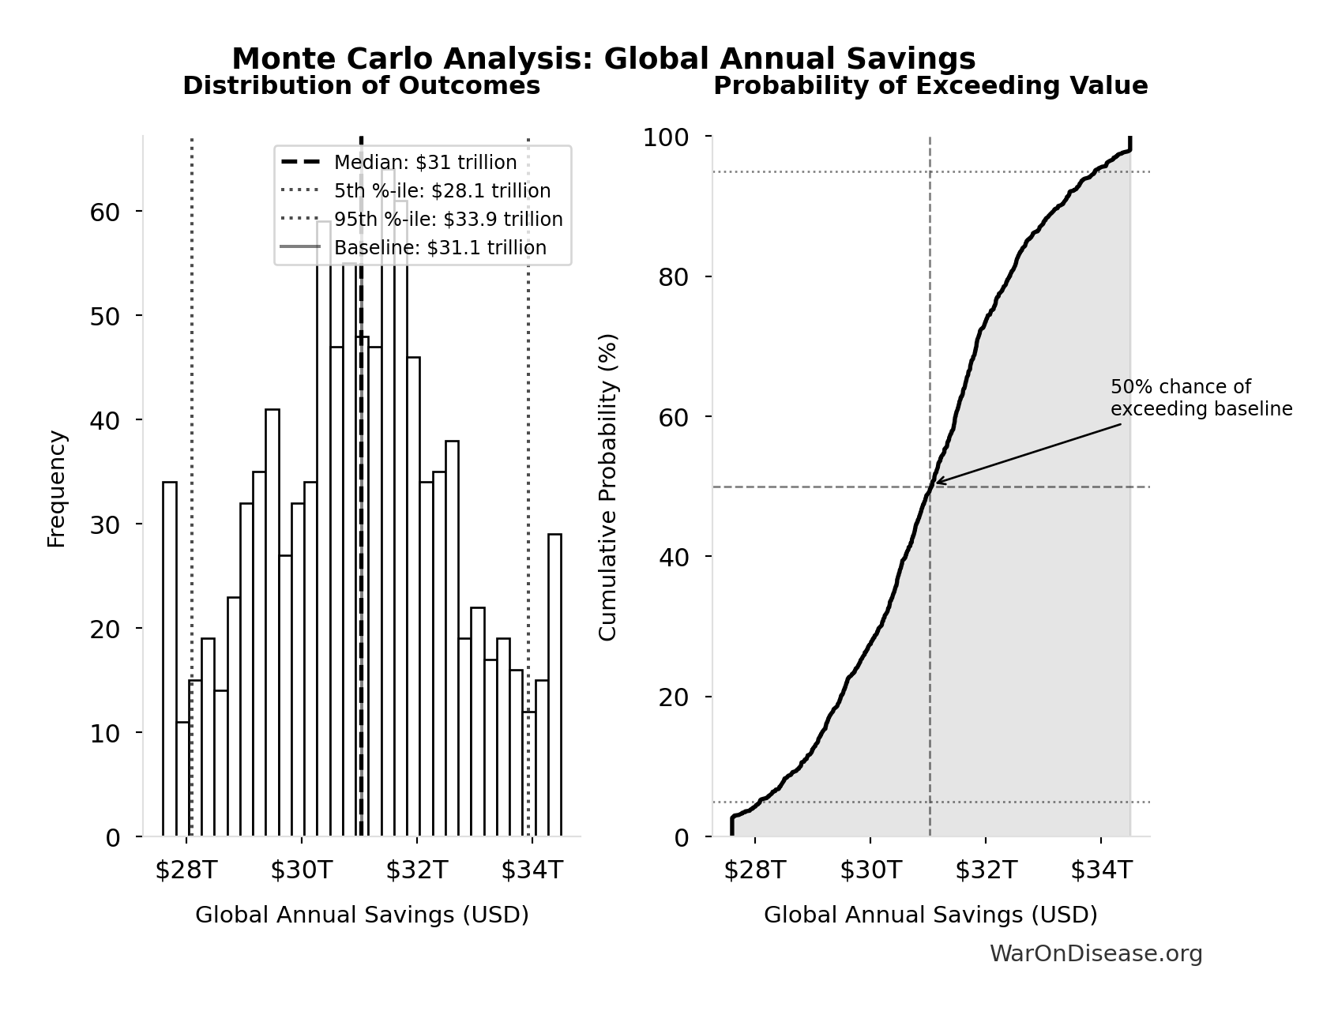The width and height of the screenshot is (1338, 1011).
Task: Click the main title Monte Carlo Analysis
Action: pyautogui.click(x=603, y=59)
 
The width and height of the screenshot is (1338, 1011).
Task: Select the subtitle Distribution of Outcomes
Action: pyautogui.click(x=362, y=86)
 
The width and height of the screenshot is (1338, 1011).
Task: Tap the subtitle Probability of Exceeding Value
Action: pyautogui.click(x=930, y=86)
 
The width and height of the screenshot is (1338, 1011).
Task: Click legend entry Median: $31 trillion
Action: pyautogui.click(x=425, y=163)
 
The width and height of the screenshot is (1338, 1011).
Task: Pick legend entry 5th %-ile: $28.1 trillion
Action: pyautogui.click(x=442, y=191)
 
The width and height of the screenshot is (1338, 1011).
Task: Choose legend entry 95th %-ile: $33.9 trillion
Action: pyautogui.click(x=448, y=220)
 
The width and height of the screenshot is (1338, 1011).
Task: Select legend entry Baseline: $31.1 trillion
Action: pyautogui.click(x=440, y=248)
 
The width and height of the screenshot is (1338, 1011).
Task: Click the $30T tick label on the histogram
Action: pyautogui.click(x=302, y=870)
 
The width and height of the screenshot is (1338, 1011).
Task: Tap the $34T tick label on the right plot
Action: pyautogui.click(x=1101, y=870)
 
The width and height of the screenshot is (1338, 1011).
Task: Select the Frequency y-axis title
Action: pyautogui.click(x=57, y=488)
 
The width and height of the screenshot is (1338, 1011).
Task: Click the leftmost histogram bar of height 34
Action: pyautogui.click(x=170, y=659)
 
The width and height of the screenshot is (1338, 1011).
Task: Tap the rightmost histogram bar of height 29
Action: pyautogui.click(x=554, y=685)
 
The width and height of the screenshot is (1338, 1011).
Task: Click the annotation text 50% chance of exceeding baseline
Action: pyautogui.click(x=1201, y=398)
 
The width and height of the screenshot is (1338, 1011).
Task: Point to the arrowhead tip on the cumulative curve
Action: pyautogui.click(x=936, y=482)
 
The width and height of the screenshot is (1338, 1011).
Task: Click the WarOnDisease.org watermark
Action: pyautogui.click(x=1096, y=954)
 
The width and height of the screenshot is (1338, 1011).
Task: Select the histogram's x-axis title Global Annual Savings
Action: pyautogui.click(x=362, y=915)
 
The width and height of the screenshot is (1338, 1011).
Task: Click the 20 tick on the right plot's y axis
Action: pyautogui.click(x=674, y=697)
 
